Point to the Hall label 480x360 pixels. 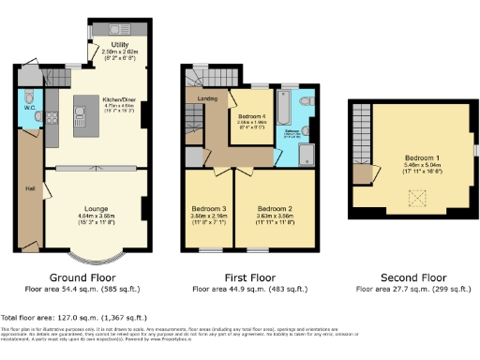[29, 188]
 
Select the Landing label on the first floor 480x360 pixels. [207, 97]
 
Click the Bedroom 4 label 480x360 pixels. [253, 116]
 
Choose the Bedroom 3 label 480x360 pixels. [209, 207]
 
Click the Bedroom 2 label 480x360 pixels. [276, 207]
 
